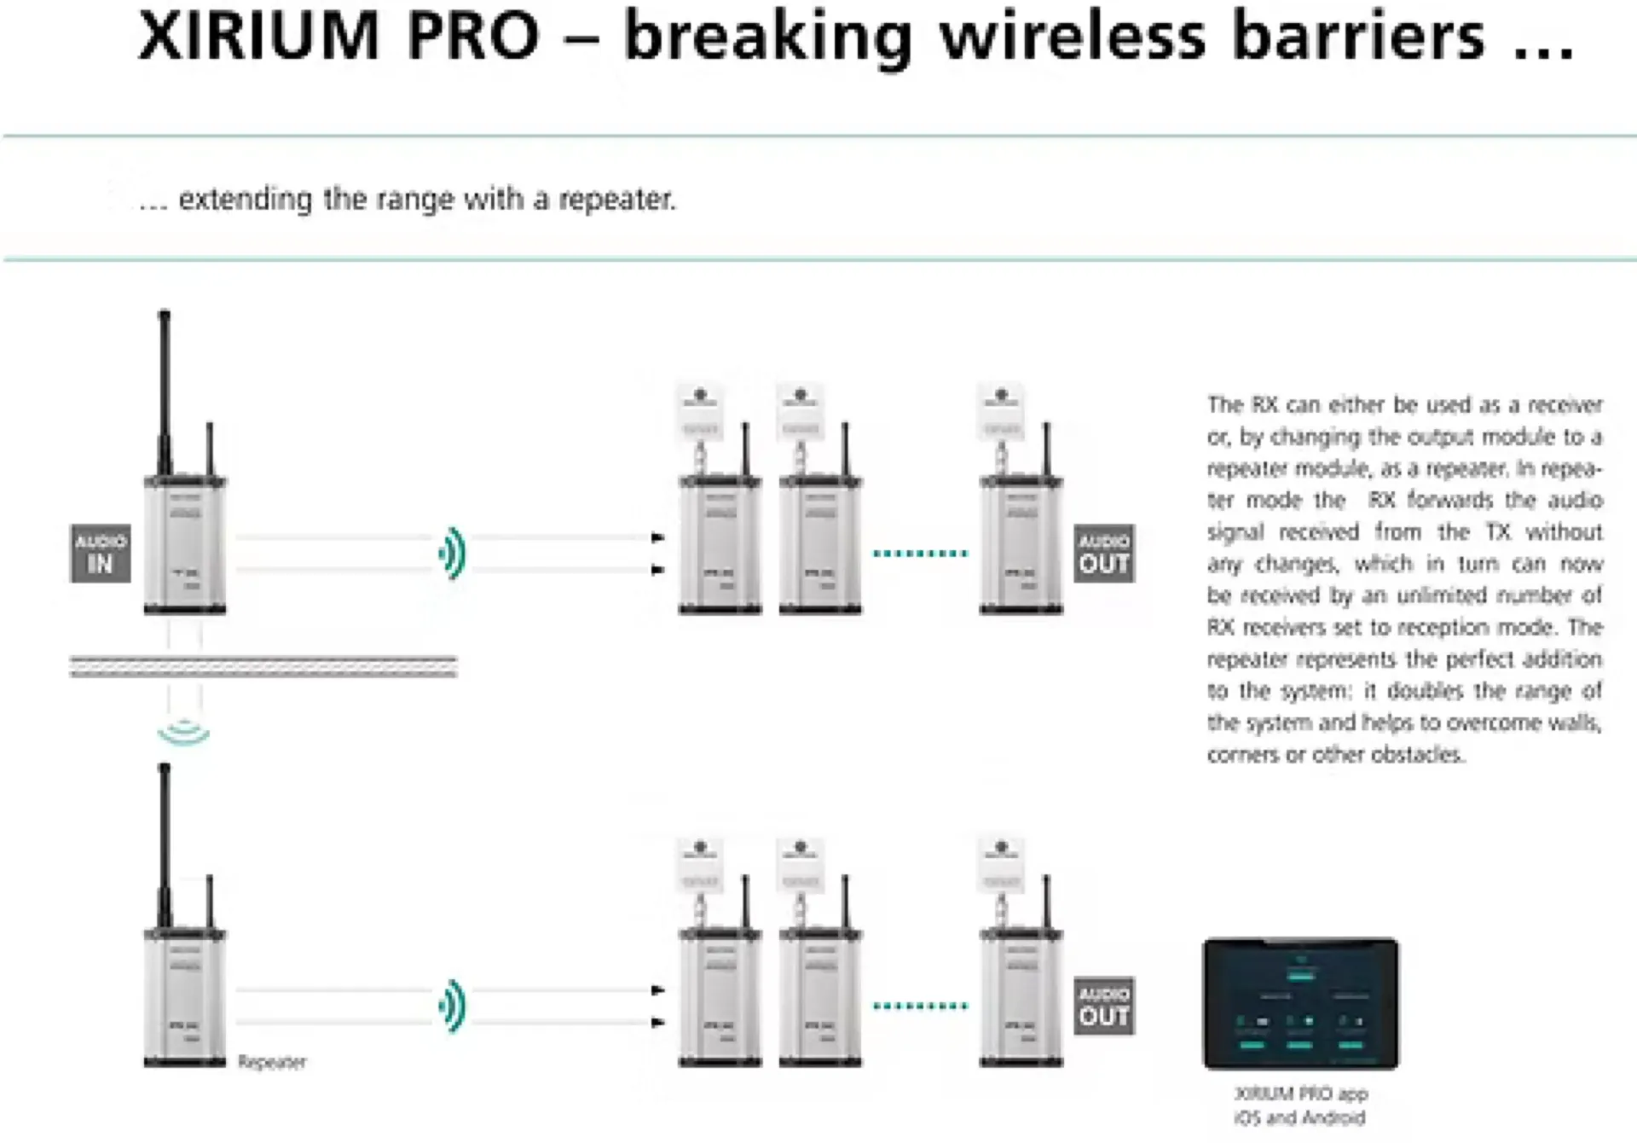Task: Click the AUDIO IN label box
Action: point(101,554)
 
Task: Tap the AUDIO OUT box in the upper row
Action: point(1103,554)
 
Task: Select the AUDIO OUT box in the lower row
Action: point(1103,1006)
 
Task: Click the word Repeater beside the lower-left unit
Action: point(272,1062)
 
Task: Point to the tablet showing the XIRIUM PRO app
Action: point(1300,1004)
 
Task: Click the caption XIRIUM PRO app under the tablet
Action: point(1300,1094)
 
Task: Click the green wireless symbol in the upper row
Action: point(453,554)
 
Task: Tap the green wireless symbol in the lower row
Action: point(453,1007)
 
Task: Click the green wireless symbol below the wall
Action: point(183,733)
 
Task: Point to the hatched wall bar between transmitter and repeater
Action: point(263,666)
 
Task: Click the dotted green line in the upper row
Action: point(921,554)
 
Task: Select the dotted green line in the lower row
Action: point(921,1006)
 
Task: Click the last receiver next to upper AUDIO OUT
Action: point(1021,546)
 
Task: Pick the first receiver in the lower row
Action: point(720,998)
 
